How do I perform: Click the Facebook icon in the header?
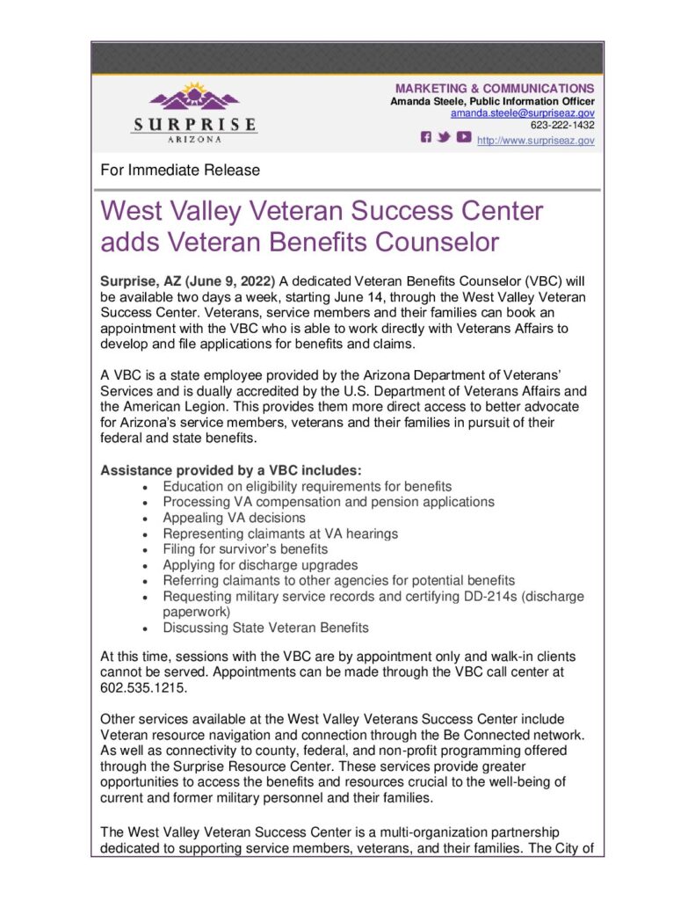click(x=427, y=137)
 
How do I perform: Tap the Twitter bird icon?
click(x=445, y=137)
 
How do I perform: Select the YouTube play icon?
click(x=462, y=137)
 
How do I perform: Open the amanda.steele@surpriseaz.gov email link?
click(x=522, y=113)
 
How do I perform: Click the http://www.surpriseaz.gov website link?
click(x=535, y=140)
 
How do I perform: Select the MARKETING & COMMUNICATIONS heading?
click(x=495, y=89)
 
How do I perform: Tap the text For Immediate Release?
click(x=181, y=170)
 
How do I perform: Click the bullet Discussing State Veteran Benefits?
click(x=265, y=628)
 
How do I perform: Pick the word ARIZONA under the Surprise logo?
click(x=194, y=139)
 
